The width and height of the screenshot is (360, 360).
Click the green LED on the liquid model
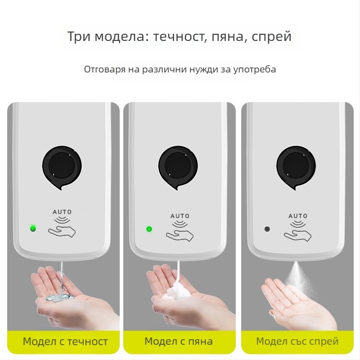coord(33,228)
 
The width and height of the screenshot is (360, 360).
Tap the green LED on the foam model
coord(149,229)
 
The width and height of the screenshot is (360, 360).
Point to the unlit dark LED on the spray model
coord(267,229)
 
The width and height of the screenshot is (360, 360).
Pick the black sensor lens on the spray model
coord(296,165)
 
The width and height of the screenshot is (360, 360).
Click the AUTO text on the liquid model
coord(62,212)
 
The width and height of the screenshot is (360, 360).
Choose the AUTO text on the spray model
coord(297,216)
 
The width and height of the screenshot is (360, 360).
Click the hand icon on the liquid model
coord(63,231)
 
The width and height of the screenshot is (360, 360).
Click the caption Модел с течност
coord(65,342)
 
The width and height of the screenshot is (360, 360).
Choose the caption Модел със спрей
coord(297,342)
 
